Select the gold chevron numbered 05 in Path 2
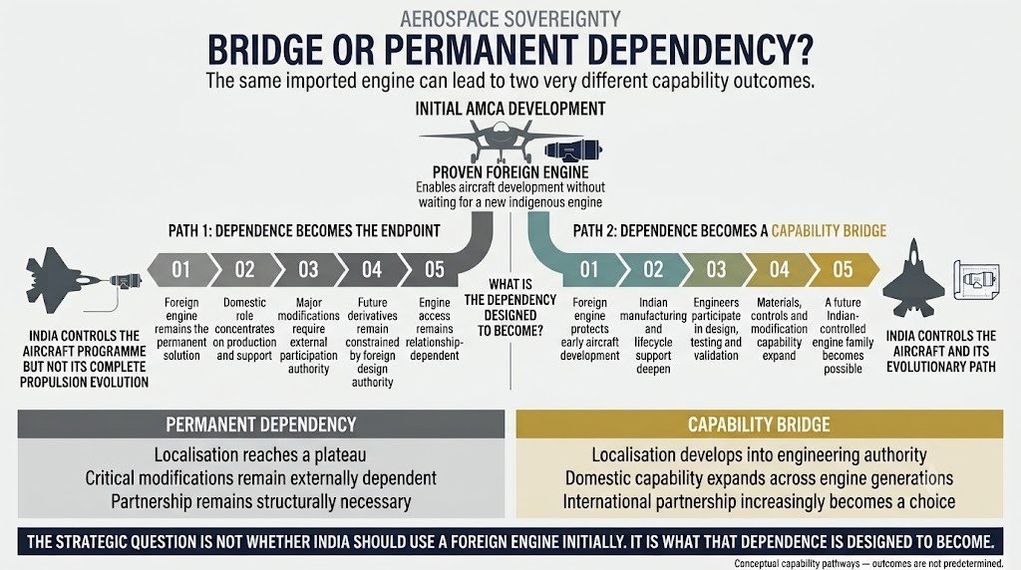coord(843,269)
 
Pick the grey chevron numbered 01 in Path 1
coord(182,269)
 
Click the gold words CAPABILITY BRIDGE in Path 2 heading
coord(829,231)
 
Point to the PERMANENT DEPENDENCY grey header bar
coord(261,425)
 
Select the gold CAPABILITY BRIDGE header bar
coord(759,425)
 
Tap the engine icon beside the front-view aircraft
coord(573,150)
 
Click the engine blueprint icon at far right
coord(977,280)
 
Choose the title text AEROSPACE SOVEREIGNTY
coord(510,19)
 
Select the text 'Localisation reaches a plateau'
coord(260,454)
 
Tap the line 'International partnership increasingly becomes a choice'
coord(759,501)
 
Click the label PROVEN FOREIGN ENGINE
coord(510,172)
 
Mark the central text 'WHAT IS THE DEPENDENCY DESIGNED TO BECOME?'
coord(510,307)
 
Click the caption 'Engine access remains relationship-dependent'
coord(435,329)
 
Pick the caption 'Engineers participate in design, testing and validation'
coord(716,329)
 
